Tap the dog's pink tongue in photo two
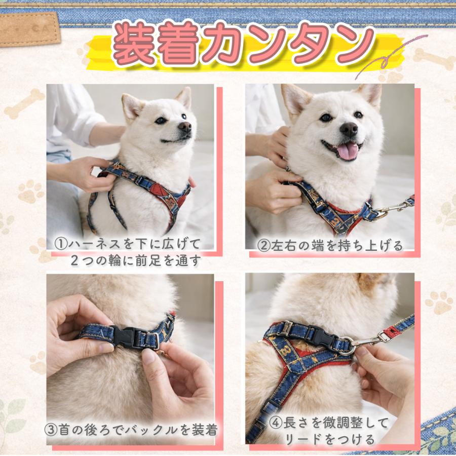point(348,150)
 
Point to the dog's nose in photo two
point(349,129)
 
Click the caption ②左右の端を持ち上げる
point(330,246)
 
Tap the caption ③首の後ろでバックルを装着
point(131,431)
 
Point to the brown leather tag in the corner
point(29,28)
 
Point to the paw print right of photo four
point(439,302)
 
